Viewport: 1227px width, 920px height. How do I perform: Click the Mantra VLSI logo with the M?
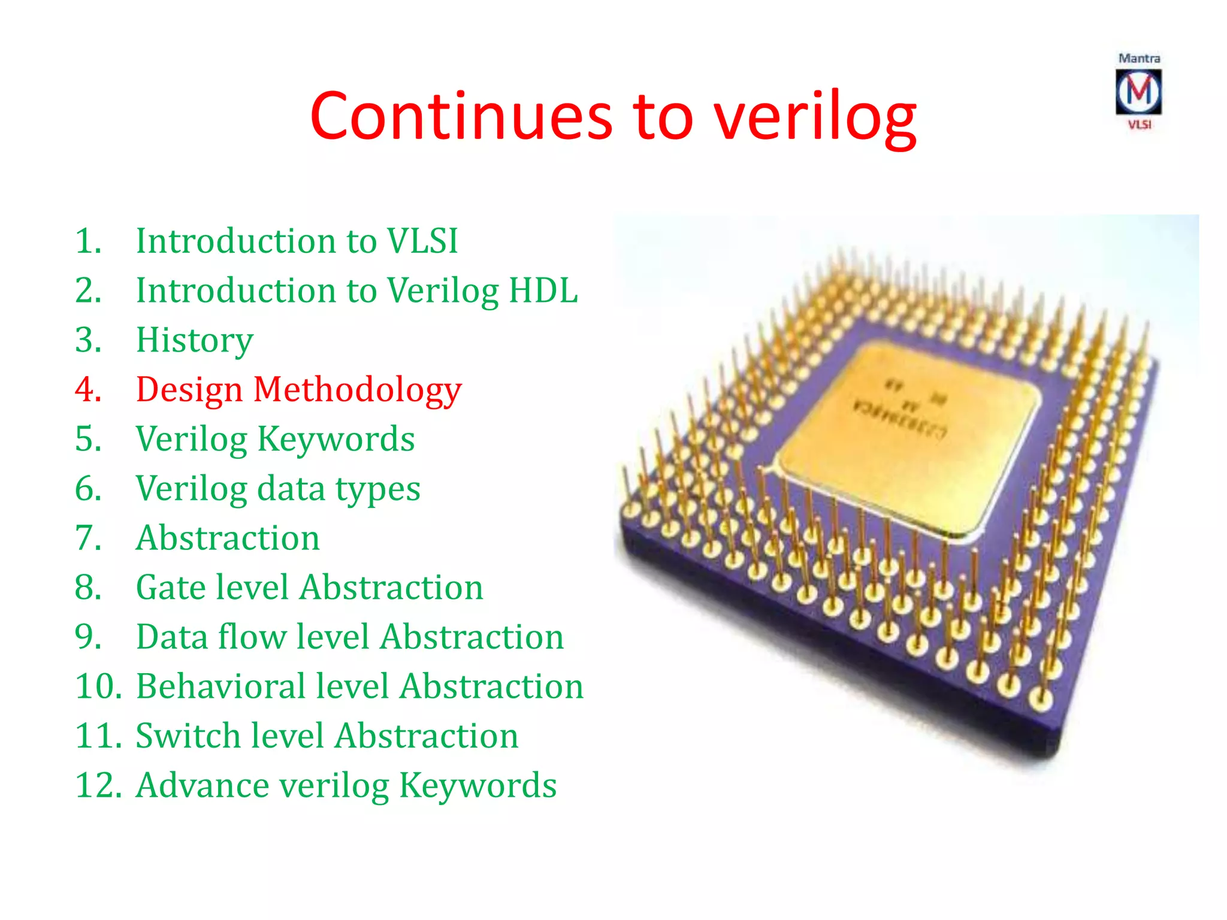pos(1138,92)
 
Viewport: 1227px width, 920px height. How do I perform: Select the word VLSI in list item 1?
pos(422,241)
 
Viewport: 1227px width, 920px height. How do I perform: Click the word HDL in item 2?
pos(543,290)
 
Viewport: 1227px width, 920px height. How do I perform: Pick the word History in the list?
pos(195,340)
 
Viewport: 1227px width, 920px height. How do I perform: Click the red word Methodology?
pos(357,390)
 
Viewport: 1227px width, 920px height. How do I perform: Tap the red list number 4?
pos(88,390)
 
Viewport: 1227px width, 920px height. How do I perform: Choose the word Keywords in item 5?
pos(336,439)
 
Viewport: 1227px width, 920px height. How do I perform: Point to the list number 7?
pos(88,538)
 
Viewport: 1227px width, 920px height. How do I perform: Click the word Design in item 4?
pos(189,390)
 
